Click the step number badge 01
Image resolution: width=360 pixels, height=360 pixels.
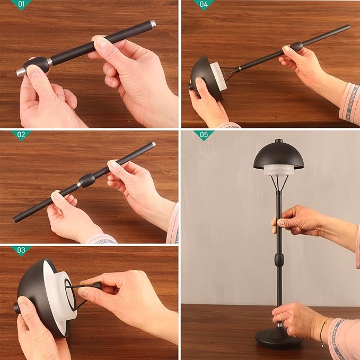[x=21, y=5]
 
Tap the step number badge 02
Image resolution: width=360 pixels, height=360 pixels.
[x=21, y=135]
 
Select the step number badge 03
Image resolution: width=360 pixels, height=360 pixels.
[x=21, y=250]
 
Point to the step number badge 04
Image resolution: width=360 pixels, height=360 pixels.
[x=203, y=5]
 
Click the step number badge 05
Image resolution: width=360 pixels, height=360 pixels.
[x=203, y=135]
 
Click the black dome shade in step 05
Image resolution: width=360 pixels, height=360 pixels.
[x=278, y=155]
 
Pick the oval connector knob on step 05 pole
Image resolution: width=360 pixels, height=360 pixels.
[x=279, y=260]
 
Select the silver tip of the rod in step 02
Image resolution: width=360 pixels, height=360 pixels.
[x=153, y=144]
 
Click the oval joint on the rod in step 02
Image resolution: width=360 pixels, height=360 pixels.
[x=87, y=180]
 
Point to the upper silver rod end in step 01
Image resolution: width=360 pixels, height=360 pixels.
[x=153, y=24]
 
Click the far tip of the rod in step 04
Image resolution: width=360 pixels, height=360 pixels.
[x=347, y=27]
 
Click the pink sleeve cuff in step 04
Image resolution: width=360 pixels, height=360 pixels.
[x=349, y=103]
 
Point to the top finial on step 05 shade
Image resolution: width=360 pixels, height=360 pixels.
[x=278, y=141]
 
